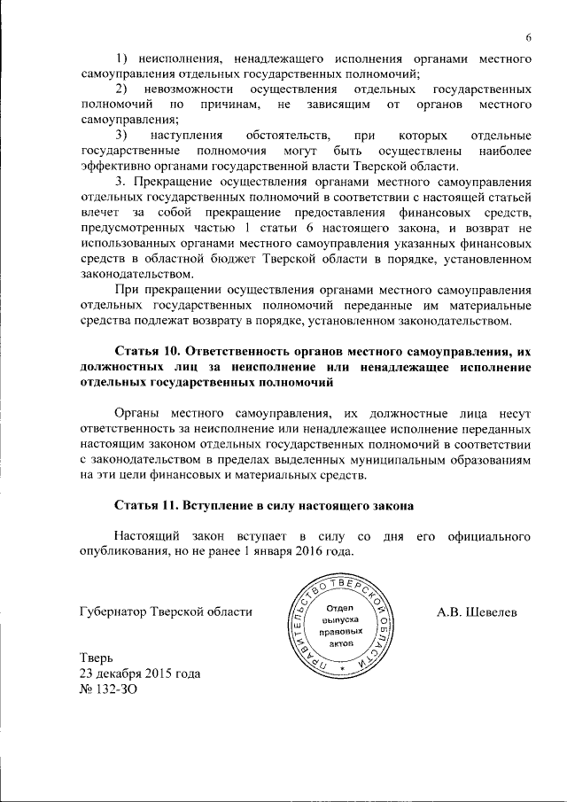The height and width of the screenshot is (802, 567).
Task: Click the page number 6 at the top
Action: [527, 37]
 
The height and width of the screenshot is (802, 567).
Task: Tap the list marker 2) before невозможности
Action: [121, 90]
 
